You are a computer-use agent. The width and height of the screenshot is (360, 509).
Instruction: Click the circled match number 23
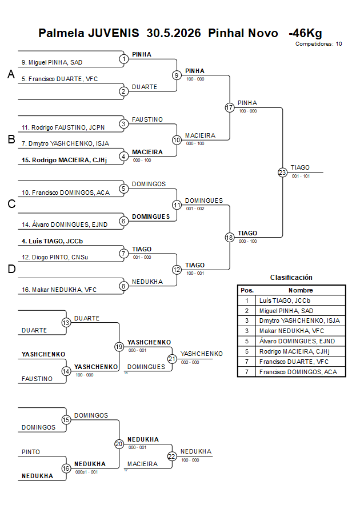tap(282, 173)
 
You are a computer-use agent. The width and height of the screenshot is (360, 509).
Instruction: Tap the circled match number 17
tap(230, 107)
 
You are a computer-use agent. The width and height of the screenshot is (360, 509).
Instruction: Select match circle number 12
tap(177, 270)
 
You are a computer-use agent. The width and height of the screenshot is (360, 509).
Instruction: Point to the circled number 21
tap(172, 359)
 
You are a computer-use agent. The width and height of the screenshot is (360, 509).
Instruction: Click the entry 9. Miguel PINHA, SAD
tap(52, 62)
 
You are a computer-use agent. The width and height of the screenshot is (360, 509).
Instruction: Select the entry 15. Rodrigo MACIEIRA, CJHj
tap(64, 160)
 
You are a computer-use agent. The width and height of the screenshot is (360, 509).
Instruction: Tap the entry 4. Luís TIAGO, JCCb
tap(52, 241)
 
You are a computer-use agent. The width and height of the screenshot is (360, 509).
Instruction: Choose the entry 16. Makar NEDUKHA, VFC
tap(59, 290)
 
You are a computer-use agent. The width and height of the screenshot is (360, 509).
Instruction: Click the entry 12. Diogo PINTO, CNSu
tap(55, 257)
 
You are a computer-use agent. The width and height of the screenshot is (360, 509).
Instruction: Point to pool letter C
tap(11, 204)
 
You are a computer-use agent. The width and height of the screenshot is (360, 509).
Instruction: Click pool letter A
tap(11, 74)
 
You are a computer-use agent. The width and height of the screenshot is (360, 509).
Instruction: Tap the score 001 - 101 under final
tap(301, 176)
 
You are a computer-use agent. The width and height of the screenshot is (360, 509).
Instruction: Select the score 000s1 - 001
tap(86, 472)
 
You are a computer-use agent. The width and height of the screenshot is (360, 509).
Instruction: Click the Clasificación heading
tap(291, 278)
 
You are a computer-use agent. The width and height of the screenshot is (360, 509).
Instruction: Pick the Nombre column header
tap(301, 290)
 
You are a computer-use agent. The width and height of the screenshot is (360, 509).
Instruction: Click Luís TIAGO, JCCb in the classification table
tap(285, 300)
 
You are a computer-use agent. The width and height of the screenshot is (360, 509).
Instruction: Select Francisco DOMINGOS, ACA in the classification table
tap(298, 372)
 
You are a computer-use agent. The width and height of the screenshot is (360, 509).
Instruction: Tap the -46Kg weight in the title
tap(305, 33)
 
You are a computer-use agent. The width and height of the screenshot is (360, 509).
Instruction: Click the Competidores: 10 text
tap(318, 44)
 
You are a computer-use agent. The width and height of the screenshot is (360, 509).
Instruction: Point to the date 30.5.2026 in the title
tap(174, 33)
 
